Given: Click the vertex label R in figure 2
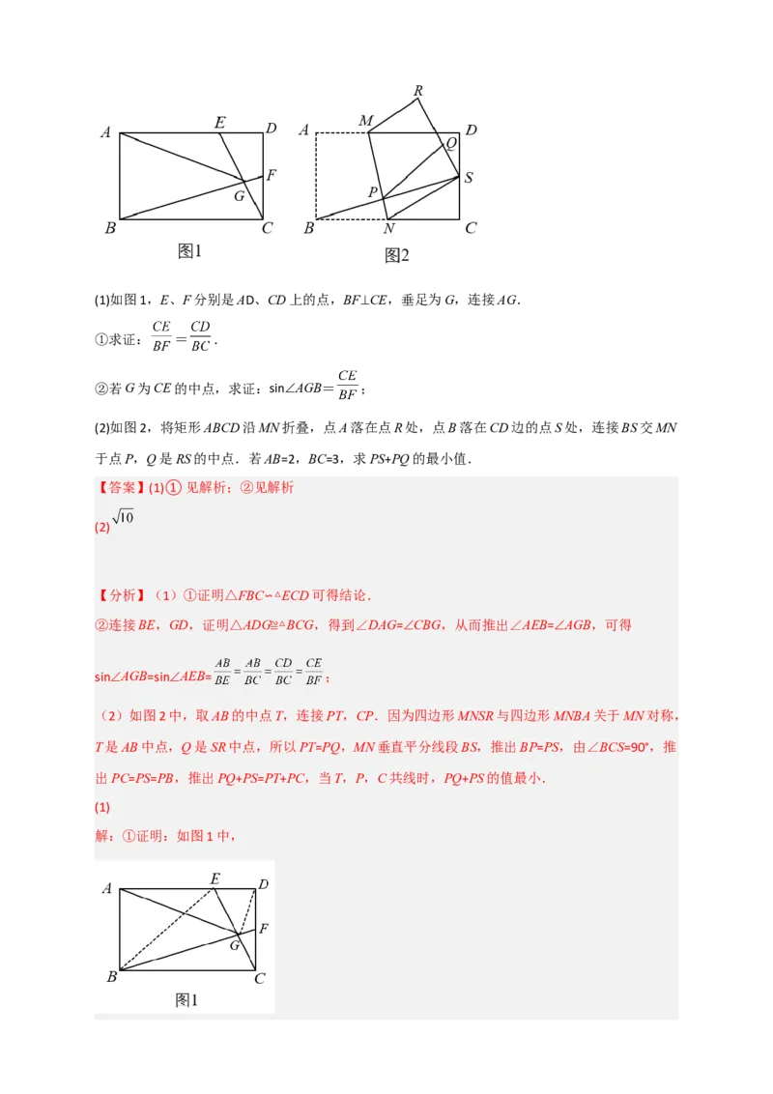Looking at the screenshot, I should coord(417,92).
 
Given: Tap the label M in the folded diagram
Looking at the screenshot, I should coord(365,121).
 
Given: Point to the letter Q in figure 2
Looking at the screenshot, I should coord(450,143).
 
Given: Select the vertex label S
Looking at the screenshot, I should coord(469,178).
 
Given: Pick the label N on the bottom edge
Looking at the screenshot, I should coord(388,229).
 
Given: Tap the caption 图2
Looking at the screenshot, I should coord(397,255).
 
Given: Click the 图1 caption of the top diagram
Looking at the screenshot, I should coord(189,251).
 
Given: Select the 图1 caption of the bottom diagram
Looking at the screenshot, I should coord(186,1000).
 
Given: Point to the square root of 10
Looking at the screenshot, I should coord(123,519).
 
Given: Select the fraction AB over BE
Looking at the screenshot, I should coord(222,672).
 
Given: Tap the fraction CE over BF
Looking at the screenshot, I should coord(313,672).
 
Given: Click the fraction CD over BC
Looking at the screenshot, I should coord(283,672).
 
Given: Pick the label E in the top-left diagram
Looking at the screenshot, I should coord(219,123).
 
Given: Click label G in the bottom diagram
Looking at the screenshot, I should coord(234,946).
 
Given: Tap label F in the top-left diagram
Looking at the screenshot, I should coord(272,176).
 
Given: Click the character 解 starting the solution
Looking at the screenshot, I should coord(101,836).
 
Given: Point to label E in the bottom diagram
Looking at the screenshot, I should coord(215,878).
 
